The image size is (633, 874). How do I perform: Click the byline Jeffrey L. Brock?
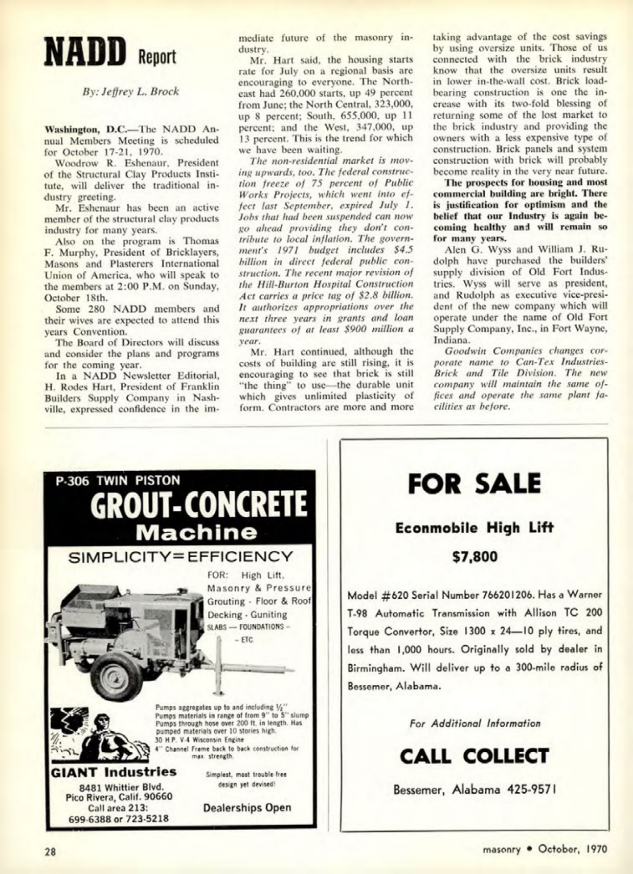point(131,91)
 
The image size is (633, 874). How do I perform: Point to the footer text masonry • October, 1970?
point(545,849)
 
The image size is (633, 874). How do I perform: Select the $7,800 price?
point(475,557)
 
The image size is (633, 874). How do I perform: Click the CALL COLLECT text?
point(474,756)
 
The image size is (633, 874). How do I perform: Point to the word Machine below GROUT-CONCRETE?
point(196,532)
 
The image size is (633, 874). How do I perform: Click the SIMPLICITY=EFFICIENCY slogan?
point(180,556)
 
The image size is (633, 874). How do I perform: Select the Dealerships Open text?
point(247,808)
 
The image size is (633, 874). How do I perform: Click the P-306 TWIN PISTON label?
point(118,480)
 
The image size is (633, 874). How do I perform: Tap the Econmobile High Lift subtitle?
point(474,528)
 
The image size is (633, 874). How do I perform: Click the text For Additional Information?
point(475,723)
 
